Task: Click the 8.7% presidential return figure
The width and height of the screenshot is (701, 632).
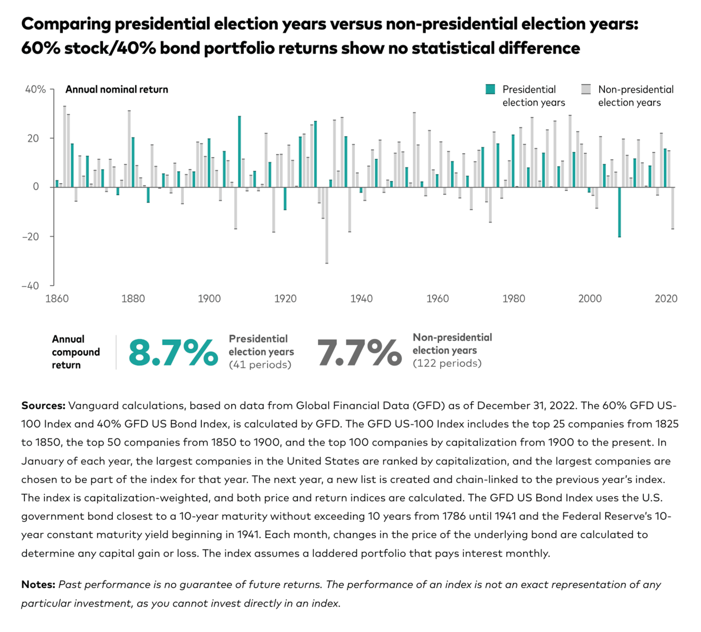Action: point(173,353)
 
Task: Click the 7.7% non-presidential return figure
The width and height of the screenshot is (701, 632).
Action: point(359,353)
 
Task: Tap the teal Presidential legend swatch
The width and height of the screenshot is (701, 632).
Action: point(490,89)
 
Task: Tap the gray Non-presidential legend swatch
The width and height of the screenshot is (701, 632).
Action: point(586,89)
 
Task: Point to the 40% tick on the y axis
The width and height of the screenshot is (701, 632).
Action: point(36,89)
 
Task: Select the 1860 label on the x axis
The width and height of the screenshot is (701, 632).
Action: point(57,299)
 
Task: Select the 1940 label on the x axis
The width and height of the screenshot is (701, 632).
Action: point(361,299)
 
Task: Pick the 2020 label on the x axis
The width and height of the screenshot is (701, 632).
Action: point(666,299)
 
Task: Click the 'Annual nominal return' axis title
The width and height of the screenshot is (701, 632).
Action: point(117,89)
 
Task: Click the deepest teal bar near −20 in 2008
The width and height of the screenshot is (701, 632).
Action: point(620,212)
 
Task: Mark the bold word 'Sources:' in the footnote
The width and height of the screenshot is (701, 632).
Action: point(43,405)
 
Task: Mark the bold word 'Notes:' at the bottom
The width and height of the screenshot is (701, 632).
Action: point(38,584)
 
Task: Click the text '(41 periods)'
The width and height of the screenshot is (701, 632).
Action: point(260,365)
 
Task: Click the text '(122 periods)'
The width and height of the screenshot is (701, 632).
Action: point(447,363)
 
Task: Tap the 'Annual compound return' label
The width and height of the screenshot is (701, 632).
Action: point(75,352)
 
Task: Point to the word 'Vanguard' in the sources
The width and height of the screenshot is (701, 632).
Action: point(92,405)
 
